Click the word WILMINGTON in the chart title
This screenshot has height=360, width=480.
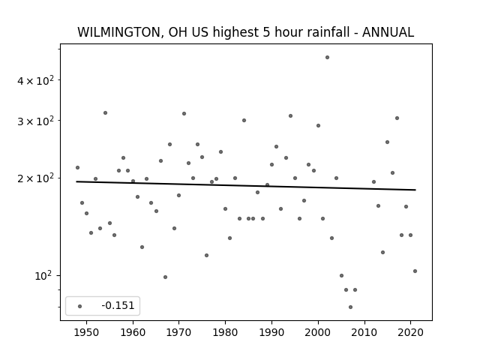(x=118, y=32)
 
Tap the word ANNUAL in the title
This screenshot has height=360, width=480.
(x=388, y=32)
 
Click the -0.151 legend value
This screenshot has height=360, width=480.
(x=118, y=305)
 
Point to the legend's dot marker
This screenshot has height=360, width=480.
(x=80, y=306)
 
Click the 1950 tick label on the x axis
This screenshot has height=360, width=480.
(x=87, y=332)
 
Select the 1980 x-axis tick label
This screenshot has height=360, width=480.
(x=225, y=332)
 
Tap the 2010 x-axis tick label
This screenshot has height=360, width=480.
(x=364, y=332)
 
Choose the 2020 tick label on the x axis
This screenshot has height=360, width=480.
(x=410, y=332)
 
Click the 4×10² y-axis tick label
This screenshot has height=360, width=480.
(x=35, y=80)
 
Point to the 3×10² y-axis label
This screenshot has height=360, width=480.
(x=35, y=121)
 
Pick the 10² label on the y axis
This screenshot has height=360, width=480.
(x=43, y=276)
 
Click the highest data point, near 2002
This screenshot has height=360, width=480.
(x=327, y=57)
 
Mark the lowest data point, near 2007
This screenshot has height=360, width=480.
(x=350, y=307)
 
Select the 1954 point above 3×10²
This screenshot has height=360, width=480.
(x=105, y=113)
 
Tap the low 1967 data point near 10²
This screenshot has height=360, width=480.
(x=165, y=277)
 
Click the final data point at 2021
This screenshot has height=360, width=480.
(x=415, y=271)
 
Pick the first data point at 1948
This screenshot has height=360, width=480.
(x=77, y=167)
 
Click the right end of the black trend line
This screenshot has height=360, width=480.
(x=415, y=190)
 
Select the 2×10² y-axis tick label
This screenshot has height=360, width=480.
(x=35, y=178)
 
